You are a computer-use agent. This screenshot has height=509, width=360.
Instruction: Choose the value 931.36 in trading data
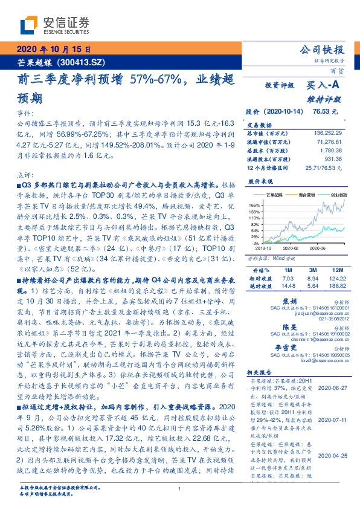coord(332,158)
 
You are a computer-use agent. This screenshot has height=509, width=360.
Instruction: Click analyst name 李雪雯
coord(289,349)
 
